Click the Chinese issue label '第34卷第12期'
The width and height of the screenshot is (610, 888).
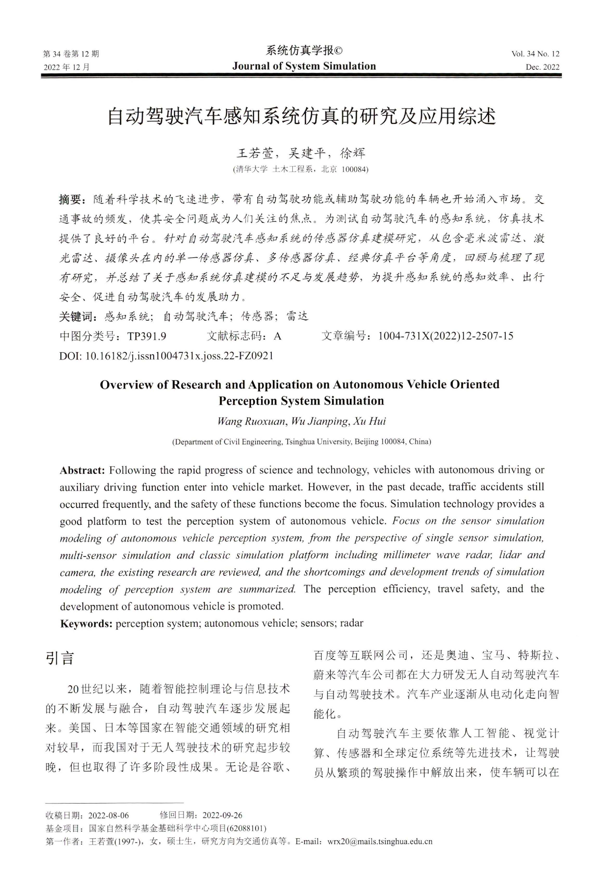point(71,54)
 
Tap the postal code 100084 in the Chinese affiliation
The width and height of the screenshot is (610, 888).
point(354,169)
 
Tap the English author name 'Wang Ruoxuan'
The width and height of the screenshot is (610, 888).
point(251,422)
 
